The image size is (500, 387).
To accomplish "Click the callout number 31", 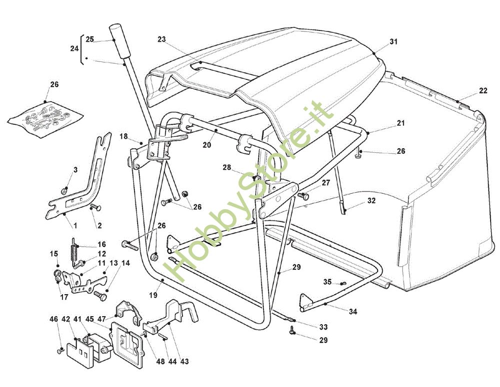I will pyautogui.click(x=393, y=42).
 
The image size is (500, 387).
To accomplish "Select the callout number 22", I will pyautogui.click(x=482, y=90).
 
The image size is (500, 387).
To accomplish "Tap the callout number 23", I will pyautogui.click(x=161, y=39).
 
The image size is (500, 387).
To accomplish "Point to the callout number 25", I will pyautogui.click(x=89, y=39).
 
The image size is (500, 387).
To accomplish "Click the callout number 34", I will pyautogui.click(x=353, y=312).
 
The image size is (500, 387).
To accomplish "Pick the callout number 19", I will pyautogui.click(x=153, y=295).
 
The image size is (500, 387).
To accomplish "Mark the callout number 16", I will pyautogui.click(x=101, y=245).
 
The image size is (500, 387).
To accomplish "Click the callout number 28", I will pyautogui.click(x=227, y=168).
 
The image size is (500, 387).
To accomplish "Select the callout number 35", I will pyautogui.click(x=327, y=282).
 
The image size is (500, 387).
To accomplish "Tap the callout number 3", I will pyautogui.click(x=75, y=170).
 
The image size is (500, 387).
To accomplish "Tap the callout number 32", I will pyautogui.click(x=370, y=201).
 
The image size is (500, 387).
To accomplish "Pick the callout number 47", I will pyautogui.click(x=101, y=319).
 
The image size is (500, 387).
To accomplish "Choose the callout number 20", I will pyautogui.click(x=207, y=145).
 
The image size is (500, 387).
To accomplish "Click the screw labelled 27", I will pyautogui.click(x=302, y=195).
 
